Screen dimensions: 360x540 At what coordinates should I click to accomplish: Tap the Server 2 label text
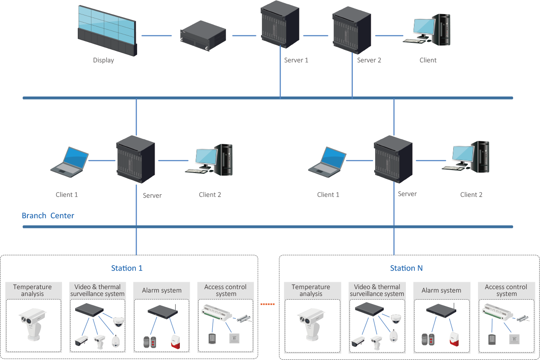pyautogui.click(x=369, y=60)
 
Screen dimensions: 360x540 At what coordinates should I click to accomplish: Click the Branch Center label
pyautogui.click(x=48, y=216)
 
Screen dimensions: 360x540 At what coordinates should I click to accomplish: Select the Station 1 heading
pyautogui.click(x=127, y=268)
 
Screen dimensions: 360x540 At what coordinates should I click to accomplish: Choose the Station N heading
pyautogui.click(x=406, y=268)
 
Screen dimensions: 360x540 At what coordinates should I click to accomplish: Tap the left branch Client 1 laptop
pyautogui.click(x=69, y=161)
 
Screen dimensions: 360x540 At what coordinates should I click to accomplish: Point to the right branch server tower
pyautogui.click(x=393, y=159)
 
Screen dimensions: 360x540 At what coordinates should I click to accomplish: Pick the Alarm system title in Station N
pyautogui.click(x=441, y=290)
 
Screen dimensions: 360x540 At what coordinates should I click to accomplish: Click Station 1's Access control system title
pyautogui.click(x=226, y=290)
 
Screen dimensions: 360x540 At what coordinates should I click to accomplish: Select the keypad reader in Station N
pyautogui.click(x=491, y=340)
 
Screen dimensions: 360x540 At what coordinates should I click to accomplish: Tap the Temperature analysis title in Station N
pyautogui.click(x=311, y=290)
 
